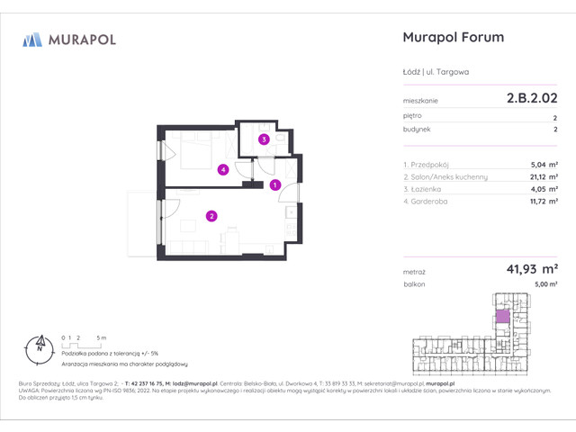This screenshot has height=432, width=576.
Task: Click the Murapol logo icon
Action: point(32,39)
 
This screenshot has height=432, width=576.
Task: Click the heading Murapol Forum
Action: point(450,38)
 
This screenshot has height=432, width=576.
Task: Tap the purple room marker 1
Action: point(276,185)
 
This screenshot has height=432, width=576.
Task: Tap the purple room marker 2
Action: point(211,215)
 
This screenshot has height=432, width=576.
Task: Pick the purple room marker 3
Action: point(264,139)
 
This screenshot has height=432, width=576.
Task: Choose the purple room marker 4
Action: point(222,168)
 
